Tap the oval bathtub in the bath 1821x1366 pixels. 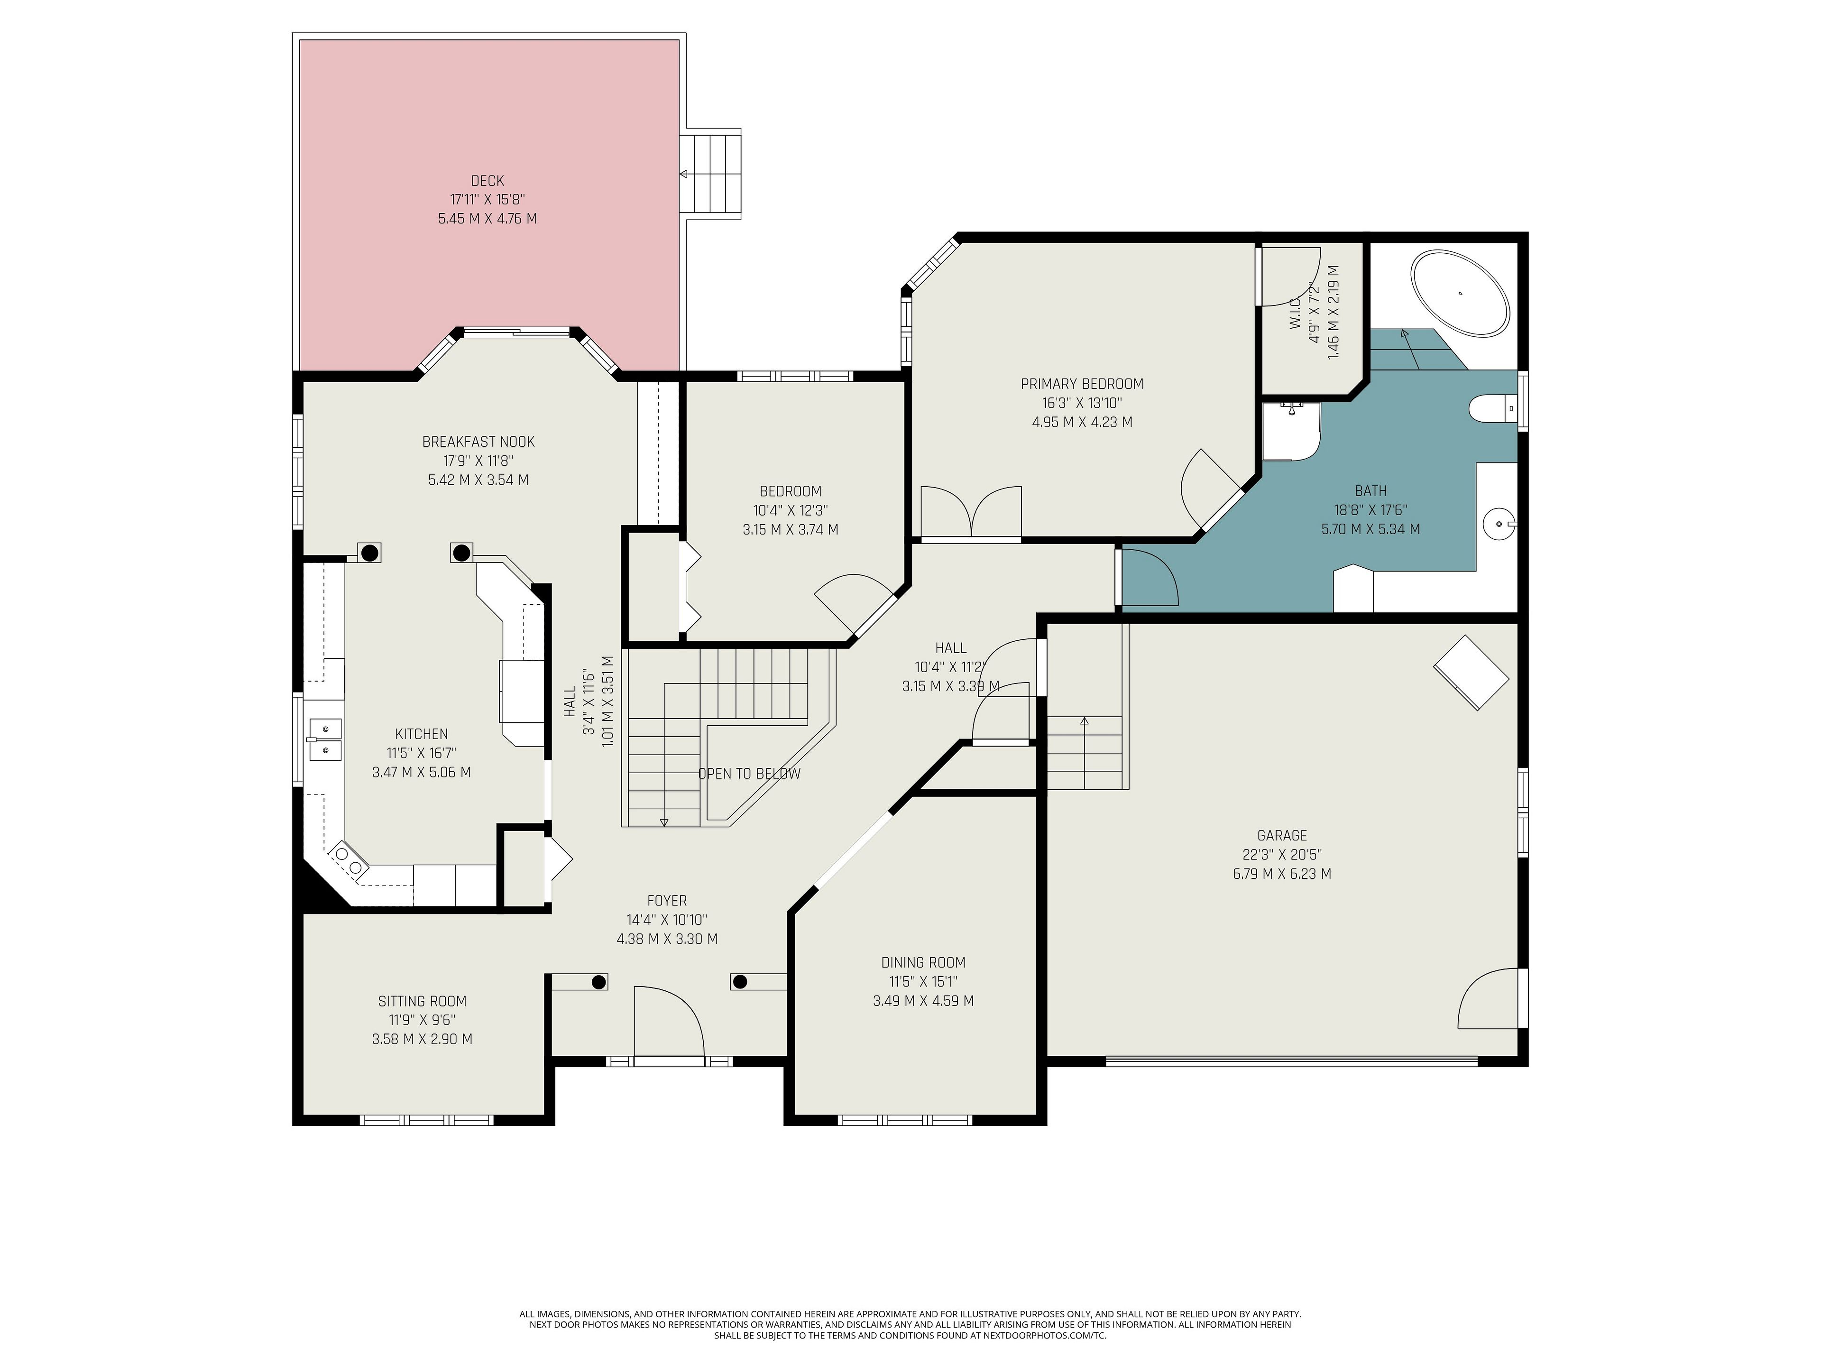1461,293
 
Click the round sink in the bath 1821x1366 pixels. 1498,523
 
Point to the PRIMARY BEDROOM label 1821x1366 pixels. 1082,384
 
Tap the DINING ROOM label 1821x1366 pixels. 923,962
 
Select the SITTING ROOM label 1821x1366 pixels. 423,1001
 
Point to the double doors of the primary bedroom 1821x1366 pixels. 971,512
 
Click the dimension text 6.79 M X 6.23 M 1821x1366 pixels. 1282,874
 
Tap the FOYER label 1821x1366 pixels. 667,901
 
